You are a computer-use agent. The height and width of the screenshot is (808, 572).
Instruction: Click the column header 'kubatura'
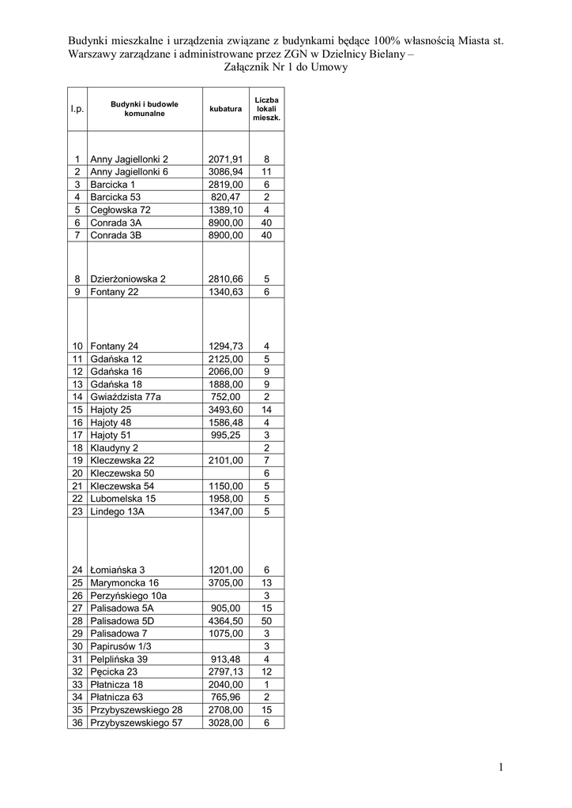pos(225,109)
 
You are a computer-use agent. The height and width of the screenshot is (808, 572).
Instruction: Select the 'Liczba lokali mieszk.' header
pos(266,109)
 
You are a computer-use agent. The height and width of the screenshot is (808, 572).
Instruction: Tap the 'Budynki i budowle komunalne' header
pos(144,109)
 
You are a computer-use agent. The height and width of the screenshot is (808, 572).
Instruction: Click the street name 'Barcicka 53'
pos(115,196)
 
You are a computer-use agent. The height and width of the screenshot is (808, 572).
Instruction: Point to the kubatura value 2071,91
pos(225,159)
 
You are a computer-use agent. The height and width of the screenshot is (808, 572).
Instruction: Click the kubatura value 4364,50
pos(225,621)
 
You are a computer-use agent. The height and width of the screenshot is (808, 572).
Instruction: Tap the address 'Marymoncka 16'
pos(124,582)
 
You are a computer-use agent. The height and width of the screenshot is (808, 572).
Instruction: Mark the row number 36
pos(77,722)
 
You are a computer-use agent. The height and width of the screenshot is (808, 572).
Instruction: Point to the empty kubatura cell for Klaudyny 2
pos(225,447)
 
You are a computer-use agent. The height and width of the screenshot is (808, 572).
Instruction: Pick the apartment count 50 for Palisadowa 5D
pos(266,621)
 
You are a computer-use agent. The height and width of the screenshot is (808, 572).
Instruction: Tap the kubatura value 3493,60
pos(225,410)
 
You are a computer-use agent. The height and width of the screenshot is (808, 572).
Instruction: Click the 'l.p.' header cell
pos(77,109)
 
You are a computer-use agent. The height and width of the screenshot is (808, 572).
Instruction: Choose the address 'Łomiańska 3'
pos(118,570)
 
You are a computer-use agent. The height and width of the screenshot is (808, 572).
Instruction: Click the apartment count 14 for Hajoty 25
pos(266,410)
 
